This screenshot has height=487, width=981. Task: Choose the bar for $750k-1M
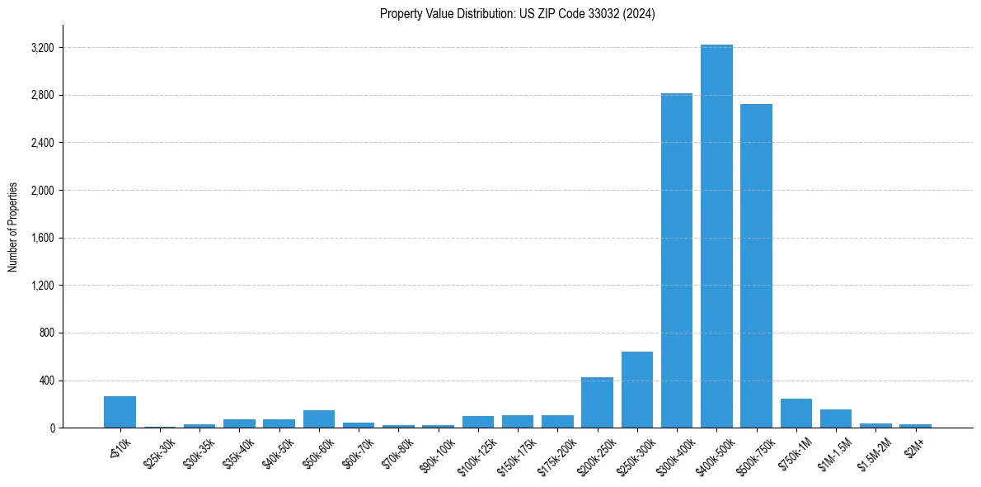[x=796, y=414]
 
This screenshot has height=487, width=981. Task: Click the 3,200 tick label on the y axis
[x=42, y=48]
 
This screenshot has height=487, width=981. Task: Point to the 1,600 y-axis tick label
[x=42, y=239]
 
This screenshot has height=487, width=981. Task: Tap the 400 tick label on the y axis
[x=46, y=381]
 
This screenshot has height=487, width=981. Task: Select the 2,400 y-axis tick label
[x=42, y=143]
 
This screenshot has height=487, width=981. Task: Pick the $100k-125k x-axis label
[x=476, y=452]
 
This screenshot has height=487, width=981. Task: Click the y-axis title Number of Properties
[x=13, y=226]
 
